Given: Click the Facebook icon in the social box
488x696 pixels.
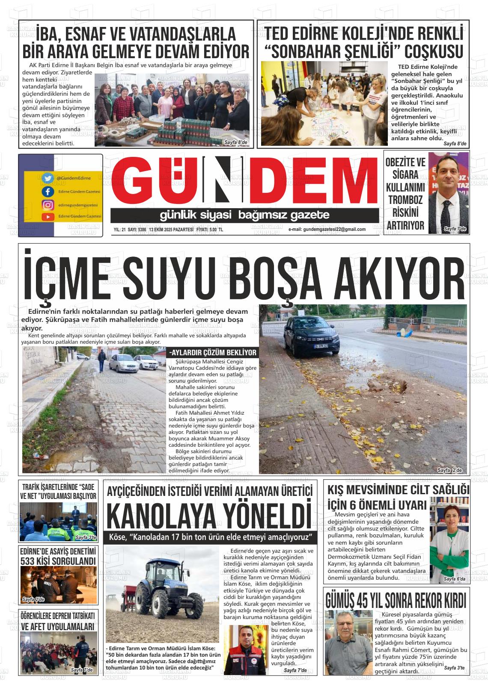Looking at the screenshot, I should [x=48, y=192].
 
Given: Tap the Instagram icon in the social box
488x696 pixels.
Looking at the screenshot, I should [x=48, y=205].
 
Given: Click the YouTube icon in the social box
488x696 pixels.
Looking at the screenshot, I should [x=48, y=217].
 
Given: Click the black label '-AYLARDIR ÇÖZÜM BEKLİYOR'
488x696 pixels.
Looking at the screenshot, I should [x=213, y=353].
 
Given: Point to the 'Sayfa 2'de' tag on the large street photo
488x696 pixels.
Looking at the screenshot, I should [x=449, y=470].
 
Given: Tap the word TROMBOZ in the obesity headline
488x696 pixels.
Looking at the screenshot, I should [x=405, y=200].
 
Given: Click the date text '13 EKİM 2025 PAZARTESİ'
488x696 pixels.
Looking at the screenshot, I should [x=171, y=230].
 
